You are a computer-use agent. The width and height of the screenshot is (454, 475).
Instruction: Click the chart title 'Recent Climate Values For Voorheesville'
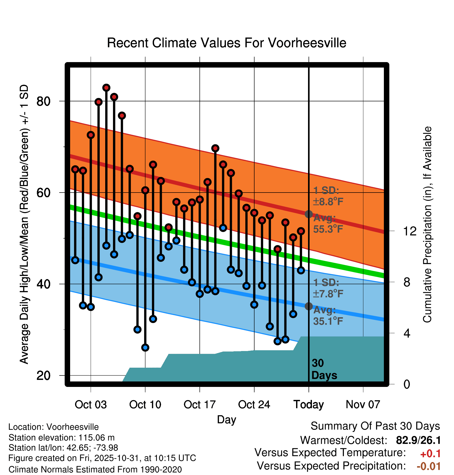(226, 43)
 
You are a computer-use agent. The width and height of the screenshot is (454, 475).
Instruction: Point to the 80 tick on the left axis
(43, 101)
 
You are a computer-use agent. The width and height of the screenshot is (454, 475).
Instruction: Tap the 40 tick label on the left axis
(43, 284)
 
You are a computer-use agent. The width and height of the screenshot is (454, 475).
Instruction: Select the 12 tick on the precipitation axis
(410, 231)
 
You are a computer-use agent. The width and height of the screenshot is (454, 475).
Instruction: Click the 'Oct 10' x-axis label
(145, 405)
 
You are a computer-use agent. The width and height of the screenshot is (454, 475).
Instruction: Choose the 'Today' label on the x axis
(309, 405)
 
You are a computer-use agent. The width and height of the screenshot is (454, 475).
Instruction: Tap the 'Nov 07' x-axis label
(363, 405)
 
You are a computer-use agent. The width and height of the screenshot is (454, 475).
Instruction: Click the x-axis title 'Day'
(226, 420)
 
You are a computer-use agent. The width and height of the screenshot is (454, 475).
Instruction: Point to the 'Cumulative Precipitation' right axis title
(427, 225)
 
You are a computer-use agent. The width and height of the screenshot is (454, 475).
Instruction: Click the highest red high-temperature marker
(106, 88)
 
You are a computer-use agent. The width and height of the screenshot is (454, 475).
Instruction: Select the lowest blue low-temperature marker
(145, 347)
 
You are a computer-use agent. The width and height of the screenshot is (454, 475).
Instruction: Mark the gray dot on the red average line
(309, 214)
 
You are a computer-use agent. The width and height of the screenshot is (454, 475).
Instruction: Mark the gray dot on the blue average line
(309, 306)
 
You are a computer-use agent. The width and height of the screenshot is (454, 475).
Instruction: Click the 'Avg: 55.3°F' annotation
(328, 224)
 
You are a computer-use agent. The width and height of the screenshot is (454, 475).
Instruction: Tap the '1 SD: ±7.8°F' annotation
(328, 288)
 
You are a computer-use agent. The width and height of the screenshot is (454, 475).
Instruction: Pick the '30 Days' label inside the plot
(324, 369)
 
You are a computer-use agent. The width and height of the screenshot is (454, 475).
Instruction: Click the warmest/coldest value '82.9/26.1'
(418, 440)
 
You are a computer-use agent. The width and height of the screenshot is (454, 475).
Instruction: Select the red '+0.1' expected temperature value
(430, 454)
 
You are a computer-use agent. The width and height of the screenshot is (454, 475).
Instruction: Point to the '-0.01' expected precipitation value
(429, 466)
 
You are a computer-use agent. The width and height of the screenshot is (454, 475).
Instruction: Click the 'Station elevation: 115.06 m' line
(62, 438)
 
